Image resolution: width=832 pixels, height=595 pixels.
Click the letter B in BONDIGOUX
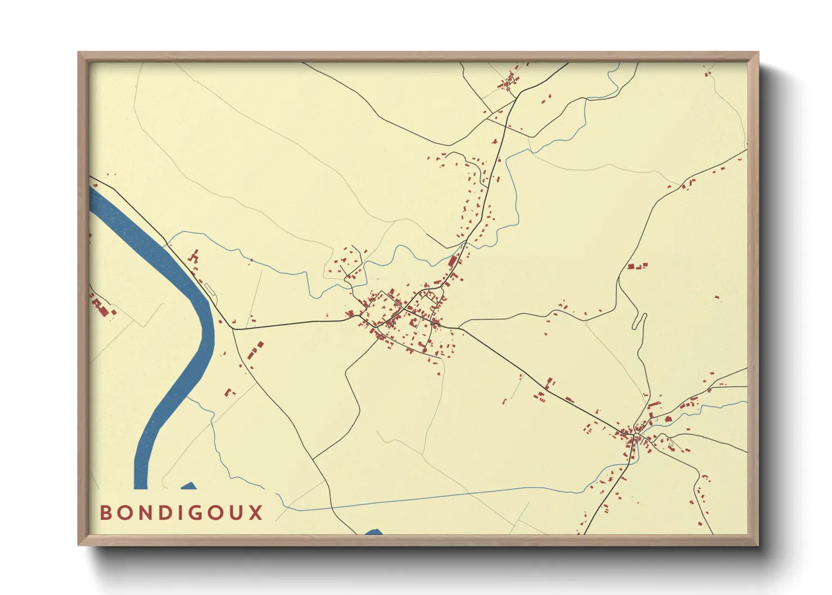pyautogui.click(x=105, y=513)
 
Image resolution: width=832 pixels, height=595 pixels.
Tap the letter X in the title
pyautogui.click(x=256, y=513)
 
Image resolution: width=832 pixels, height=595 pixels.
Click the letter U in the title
pyautogui.click(x=238, y=513)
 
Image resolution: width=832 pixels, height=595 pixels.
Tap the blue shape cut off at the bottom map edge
pyautogui.click(x=374, y=531)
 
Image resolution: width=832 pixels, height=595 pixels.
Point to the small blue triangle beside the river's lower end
pyautogui.click(x=189, y=486)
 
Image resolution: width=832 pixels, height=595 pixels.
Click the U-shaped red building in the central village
pyautogui.click(x=415, y=322)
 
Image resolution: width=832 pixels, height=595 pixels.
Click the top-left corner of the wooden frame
pyautogui.click(x=78, y=52)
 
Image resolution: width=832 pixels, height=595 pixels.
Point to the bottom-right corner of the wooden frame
pyautogui.click(x=758, y=545)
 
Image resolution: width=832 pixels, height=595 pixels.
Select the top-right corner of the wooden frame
pyautogui.click(x=758, y=52)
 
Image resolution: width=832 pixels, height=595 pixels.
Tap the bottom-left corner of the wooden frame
pyautogui.click(x=78, y=545)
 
